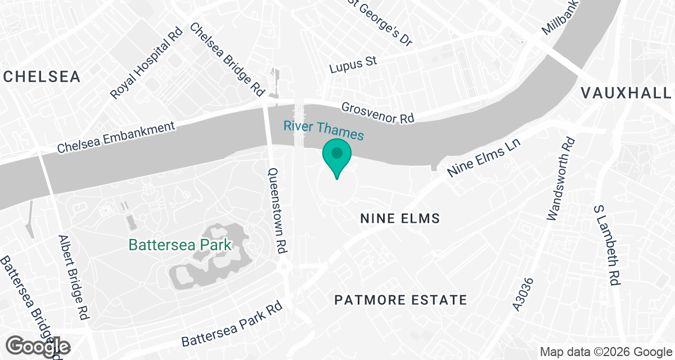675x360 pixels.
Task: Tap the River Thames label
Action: (x=323, y=130)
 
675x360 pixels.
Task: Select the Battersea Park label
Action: (x=180, y=245)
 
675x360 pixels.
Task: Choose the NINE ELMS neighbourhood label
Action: (x=399, y=218)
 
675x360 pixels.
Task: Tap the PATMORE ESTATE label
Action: (x=400, y=300)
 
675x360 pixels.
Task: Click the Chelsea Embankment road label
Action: (x=116, y=137)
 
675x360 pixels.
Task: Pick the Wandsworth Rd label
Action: (x=561, y=178)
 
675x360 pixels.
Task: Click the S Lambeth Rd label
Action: (x=607, y=244)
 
